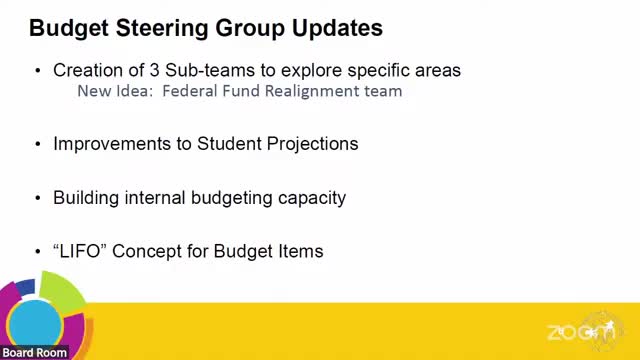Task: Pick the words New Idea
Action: [111, 91]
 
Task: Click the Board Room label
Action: [35, 352]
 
